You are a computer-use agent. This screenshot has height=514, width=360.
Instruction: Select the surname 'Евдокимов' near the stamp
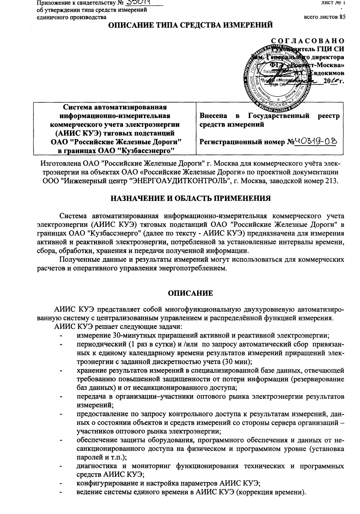pos(327,73)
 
